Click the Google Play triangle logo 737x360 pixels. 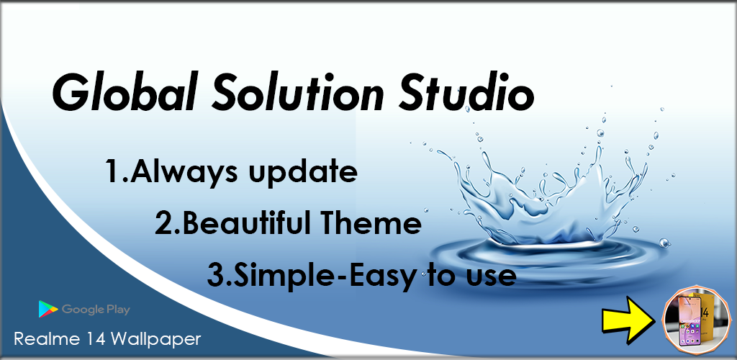48,310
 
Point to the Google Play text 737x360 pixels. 96,310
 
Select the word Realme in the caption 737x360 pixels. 40,339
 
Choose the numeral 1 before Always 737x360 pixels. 113,171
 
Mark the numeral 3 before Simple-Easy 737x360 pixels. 216,276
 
